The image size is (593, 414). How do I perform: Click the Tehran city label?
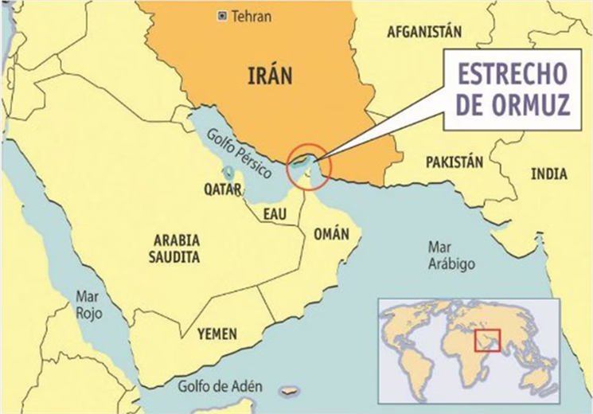tap(252, 16)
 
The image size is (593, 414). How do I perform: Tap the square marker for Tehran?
tap(223, 16)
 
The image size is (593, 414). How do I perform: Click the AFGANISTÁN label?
tap(424, 33)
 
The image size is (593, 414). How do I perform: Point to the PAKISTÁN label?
tap(455, 162)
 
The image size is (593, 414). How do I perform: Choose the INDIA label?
tap(549, 174)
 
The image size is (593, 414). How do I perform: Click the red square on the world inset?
tap(486, 341)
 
